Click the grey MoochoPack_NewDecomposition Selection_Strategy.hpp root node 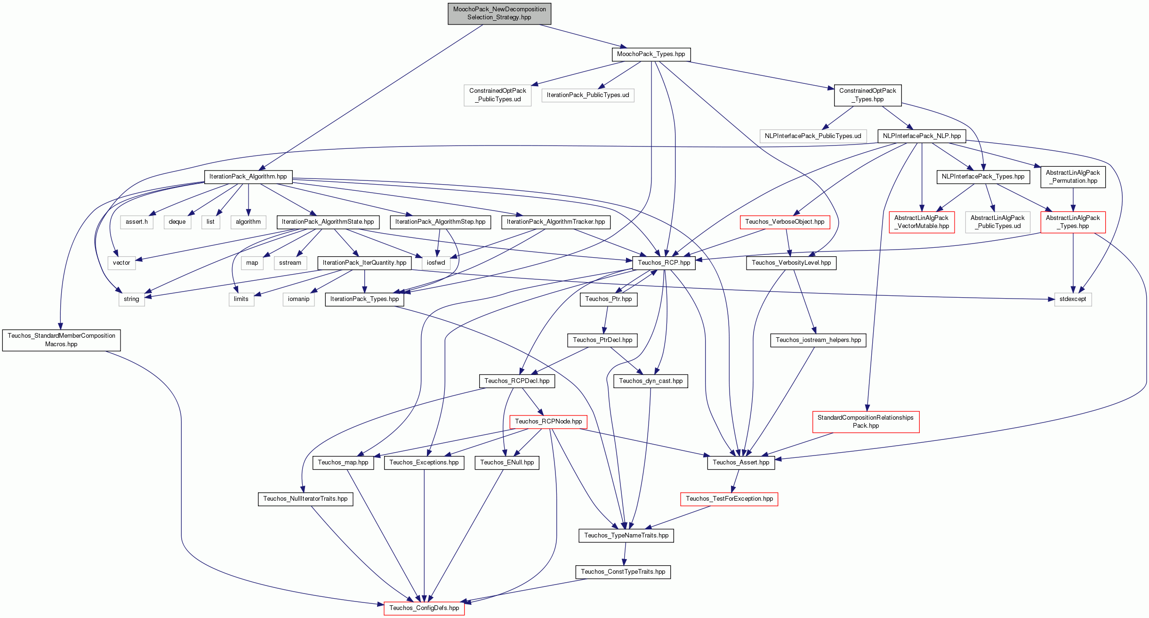tap(499, 13)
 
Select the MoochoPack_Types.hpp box tap(651, 54)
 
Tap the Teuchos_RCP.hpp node tap(664, 263)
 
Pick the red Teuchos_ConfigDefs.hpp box tap(424, 608)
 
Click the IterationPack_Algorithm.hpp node tap(248, 177)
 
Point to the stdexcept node tap(1073, 299)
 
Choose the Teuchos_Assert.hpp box tap(741, 463)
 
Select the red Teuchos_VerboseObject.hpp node tap(785, 222)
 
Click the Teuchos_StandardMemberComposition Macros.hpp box tap(62, 340)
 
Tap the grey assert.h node tap(137, 222)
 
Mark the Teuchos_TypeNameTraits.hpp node tap(626, 536)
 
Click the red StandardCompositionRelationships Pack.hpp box tap(866, 422)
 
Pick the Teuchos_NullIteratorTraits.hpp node tap(305, 499)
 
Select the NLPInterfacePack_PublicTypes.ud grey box tap(813, 136)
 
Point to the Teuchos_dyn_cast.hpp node tap(651, 381)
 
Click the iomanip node tap(299, 299)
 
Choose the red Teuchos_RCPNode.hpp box tap(548, 422)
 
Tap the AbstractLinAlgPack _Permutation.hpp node tap(1073, 177)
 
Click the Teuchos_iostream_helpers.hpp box tap(819, 340)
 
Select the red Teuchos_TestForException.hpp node tap(729, 499)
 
